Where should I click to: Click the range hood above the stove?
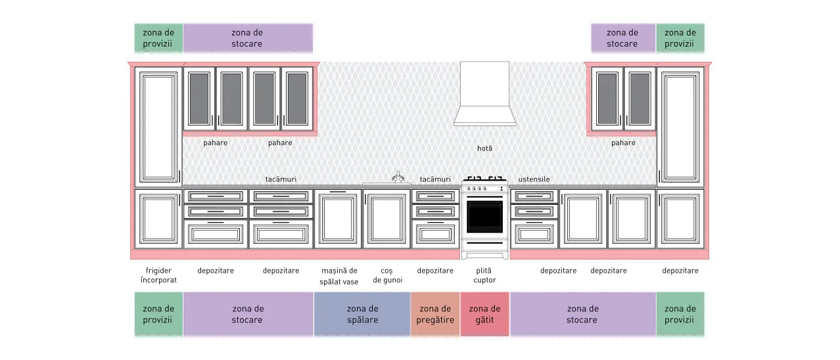point(484,94)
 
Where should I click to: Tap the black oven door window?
point(484,217)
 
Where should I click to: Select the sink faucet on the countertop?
point(398,177)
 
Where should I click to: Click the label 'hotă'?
point(484,148)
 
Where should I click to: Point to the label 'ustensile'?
point(534,179)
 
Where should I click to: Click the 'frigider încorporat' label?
point(158,275)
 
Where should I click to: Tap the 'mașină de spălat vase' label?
point(339,276)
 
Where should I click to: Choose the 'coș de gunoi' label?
point(387,275)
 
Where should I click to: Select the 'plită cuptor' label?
point(484,275)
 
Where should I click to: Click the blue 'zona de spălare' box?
point(362,314)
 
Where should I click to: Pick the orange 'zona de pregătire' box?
point(435,314)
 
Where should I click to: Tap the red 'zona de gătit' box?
point(484,314)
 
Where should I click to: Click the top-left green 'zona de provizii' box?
point(158,38)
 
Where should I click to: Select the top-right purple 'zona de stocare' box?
point(623,38)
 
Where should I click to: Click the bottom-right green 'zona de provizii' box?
point(680,314)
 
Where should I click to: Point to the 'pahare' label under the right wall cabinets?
point(623,143)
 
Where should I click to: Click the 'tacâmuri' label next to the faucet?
point(435,179)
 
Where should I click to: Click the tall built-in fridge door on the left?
point(158,127)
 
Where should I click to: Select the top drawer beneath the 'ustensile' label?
point(534,196)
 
